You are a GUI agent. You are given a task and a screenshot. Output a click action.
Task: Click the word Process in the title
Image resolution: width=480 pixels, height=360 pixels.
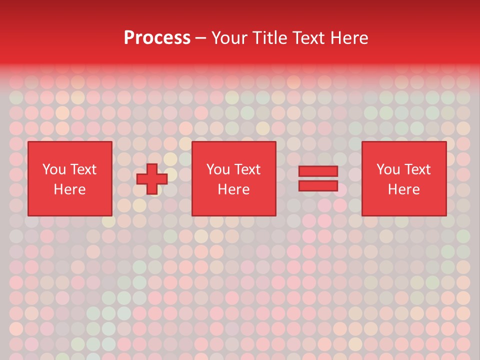pyautogui.click(x=157, y=38)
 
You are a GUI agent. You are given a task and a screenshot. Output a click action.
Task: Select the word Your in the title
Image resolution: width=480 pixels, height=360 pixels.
pyautogui.click(x=229, y=38)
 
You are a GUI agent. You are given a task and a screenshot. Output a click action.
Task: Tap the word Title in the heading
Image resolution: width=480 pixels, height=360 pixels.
pyautogui.click(x=268, y=38)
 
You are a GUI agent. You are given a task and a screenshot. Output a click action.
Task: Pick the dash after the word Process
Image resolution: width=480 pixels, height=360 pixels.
pyautogui.click(x=200, y=38)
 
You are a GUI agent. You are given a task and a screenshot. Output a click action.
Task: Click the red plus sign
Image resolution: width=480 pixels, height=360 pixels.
pyautogui.click(x=152, y=179)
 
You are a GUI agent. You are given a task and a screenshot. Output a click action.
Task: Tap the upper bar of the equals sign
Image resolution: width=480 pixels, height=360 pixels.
pyautogui.click(x=318, y=171)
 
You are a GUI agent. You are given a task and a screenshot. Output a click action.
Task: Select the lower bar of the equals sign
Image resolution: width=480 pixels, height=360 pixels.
pyautogui.click(x=318, y=186)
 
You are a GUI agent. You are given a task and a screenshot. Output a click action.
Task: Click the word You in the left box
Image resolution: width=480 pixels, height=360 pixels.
pyautogui.click(x=54, y=169)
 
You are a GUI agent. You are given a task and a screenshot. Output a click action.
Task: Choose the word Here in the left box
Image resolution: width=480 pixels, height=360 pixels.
pyautogui.click(x=69, y=189)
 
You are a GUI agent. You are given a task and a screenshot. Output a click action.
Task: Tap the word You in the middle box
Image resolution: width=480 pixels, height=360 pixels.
pyautogui.click(x=218, y=169)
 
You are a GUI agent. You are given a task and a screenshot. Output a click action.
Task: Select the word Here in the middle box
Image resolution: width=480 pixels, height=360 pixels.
pyautogui.click(x=233, y=189)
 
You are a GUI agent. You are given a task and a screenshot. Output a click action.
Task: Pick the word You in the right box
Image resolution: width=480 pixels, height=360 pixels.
pyautogui.click(x=388, y=169)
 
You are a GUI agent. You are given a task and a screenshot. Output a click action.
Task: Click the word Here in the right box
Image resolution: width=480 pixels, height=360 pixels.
pyautogui.click(x=403, y=189)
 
